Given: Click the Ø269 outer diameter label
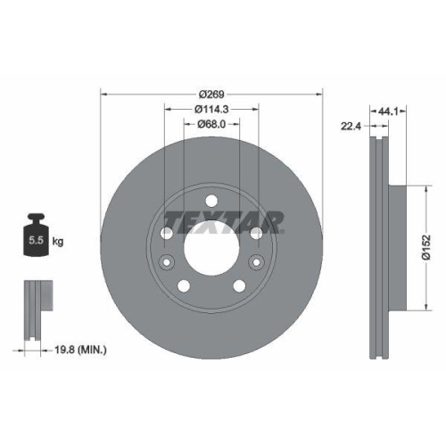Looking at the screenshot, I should (211, 94).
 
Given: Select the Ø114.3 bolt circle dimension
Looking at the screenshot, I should (211, 109).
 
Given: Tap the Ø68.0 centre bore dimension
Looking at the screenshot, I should (211, 125).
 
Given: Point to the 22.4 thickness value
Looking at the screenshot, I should (350, 126).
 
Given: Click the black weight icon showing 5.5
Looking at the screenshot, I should (37, 237).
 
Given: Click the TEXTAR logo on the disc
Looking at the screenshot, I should (223, 219).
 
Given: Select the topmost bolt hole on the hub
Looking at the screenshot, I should (211, 201).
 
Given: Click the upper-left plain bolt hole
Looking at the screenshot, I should (168, 232).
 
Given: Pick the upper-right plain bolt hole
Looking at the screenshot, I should (256, 232).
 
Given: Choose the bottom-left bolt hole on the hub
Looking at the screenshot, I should (185, 285).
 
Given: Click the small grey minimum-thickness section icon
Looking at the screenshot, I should (34, 309).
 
